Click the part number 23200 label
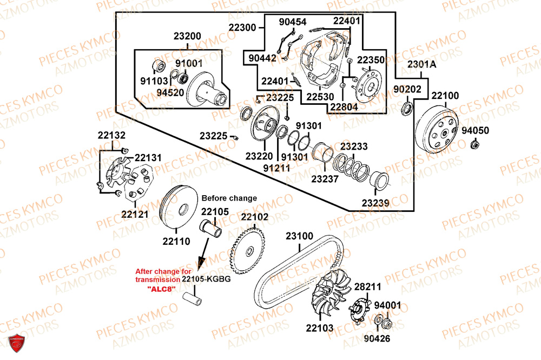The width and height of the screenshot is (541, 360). click(x=187, y=37)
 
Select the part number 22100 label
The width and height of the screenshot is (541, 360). click(x=445, y=96)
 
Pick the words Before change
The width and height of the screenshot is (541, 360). click(x=229, y=198)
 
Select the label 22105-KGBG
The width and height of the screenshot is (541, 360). click(x=205, y=279)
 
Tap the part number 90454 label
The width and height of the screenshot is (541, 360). click(x=293, y=22)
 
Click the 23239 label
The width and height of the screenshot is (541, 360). click(x=375, y=204)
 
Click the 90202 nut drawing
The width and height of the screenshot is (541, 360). click(x=407, y=111)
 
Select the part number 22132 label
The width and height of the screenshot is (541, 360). click(x=111, y=135)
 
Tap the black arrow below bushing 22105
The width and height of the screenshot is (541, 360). click(x=204, y=254)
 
